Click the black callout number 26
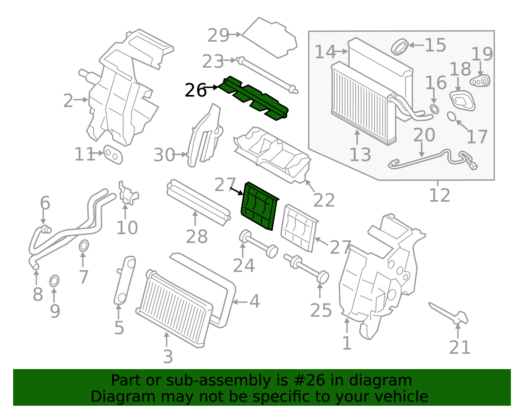tap(196, 90)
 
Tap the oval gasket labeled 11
tap(113, 155)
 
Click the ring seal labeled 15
tap(400, 46)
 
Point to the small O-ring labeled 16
tap(434, 109)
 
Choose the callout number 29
tap(218, 35)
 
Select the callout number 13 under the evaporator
tap(360, 155)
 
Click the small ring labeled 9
tap(54, 281)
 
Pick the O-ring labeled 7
tap(84, 246)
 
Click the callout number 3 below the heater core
tap(168, 357)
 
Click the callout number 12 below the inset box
tap(440, 195)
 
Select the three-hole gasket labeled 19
tap(480, 81)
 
